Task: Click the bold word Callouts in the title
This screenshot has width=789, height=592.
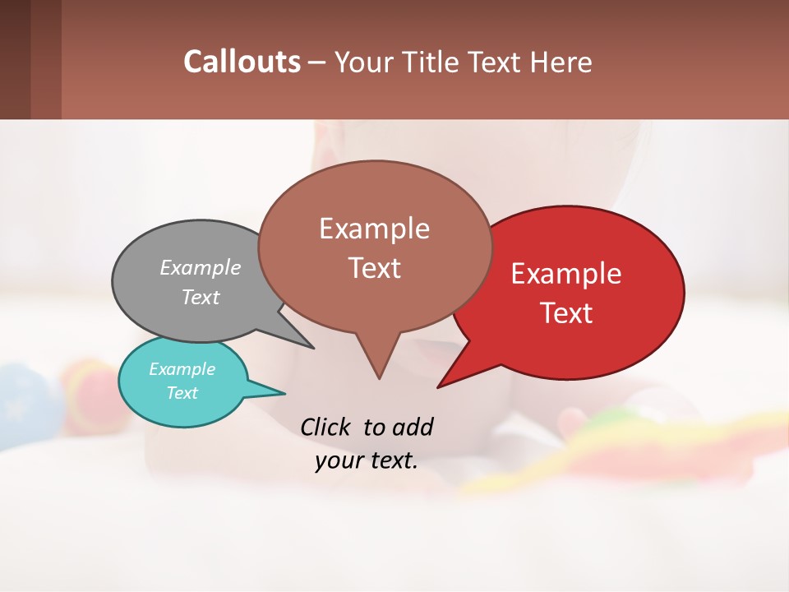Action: click(x=242, y=62)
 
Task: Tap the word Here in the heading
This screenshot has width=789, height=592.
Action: click(x=561, y=62)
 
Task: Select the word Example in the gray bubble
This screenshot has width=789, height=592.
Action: click(x=200, y=267)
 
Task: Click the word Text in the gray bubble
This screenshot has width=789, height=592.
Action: click(x=200, y=297)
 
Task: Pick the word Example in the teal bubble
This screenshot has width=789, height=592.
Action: click(x=182, y=369)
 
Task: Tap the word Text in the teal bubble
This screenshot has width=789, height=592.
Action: click(x=182, y=393)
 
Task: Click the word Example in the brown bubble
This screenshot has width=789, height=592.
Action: click(x=374, y=229)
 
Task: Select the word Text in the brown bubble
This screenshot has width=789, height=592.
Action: click(x=374, y=268)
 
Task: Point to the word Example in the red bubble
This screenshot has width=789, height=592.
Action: click(x=566, y=274)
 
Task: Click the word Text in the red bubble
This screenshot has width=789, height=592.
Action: click(x=566, y=313)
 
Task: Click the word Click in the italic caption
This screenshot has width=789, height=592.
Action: click(x=326, y=427)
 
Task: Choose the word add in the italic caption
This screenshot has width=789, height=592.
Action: click(x=412, y=427)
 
